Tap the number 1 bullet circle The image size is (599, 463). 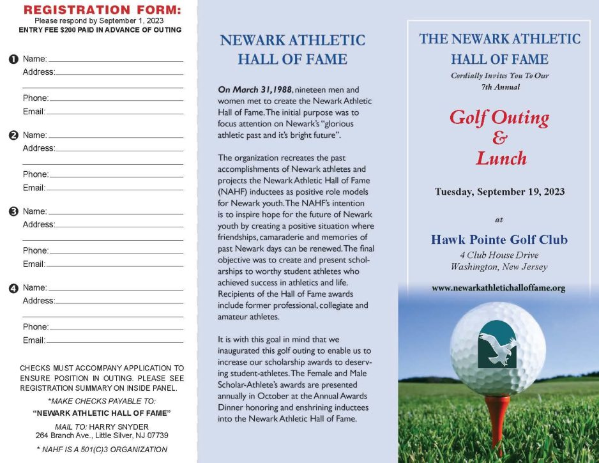pyautogui.click(x=13, y=59)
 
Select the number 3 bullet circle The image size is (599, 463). pyautogui.click(x=13, y=211)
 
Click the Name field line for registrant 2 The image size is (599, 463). pyautogui.click(x=116, y=137)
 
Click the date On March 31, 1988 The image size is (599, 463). pyautogui.click(x=253, y=90)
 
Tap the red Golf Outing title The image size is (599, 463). pyautogui.click(x=499, y=118)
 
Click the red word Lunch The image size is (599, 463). pyautogui.click(x=501, y=158)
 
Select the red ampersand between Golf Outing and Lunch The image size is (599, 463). pyautogui.click(x=499, y=138)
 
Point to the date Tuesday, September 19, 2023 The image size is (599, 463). pyautogui.click(x=499, y=192)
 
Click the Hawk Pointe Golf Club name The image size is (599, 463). pyautogui.click(x=499, y=240)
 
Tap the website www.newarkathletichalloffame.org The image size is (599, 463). pyautogui.click(x=498, y=288)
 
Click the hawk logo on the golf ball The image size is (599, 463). pyautogui.click(x=497, y=345)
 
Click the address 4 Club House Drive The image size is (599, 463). pyautogui.click(x=499, y=255)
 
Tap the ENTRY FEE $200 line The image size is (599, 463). pyautogui.click(x=100, y=30)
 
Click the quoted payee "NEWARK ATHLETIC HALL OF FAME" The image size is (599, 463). pyautogui.click(x=102, y=413)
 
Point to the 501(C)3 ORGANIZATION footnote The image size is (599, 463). pyautogui.click(x=102, y=450)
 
